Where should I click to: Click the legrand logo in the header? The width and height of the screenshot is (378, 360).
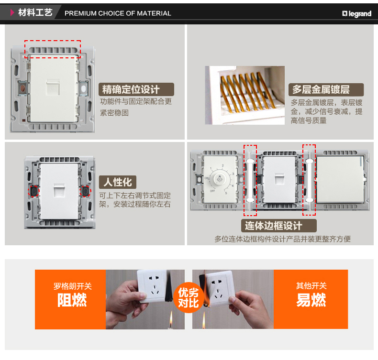click(356, 14)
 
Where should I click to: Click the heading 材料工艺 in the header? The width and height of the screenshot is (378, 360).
click(35, 12)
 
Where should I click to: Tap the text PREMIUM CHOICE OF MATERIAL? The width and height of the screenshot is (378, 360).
click(118, 13)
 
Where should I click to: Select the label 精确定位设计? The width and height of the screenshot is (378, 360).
click(136, 89)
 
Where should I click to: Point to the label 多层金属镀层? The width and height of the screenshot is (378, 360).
click(326, 89)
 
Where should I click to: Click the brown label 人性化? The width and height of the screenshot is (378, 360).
click(118, 182)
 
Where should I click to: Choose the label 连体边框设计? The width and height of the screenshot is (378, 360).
click(279, 226)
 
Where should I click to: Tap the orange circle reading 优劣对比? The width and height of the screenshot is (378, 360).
click(188, 298)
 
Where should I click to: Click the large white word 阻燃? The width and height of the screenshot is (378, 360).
click(72, 300)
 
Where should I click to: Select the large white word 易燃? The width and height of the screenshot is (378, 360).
click(311, 300)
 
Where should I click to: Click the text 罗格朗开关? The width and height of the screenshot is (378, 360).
click(73, 286)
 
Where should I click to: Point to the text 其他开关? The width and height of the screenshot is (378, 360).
click(311, 286)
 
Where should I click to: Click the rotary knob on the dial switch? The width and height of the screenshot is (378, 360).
click(219, 179)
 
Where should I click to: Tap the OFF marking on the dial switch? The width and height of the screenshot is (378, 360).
click(212, 191)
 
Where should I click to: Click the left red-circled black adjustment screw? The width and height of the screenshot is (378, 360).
click(33, 191)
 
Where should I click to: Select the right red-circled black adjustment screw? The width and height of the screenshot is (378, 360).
click(85, 191)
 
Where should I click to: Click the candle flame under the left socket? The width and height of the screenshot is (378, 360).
click(171, 319)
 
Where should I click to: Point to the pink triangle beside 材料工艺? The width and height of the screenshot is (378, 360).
click(12, 12)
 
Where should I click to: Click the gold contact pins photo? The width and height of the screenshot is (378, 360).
click(245, 95)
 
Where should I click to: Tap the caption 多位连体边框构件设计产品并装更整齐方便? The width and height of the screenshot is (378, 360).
click(282, 239)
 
